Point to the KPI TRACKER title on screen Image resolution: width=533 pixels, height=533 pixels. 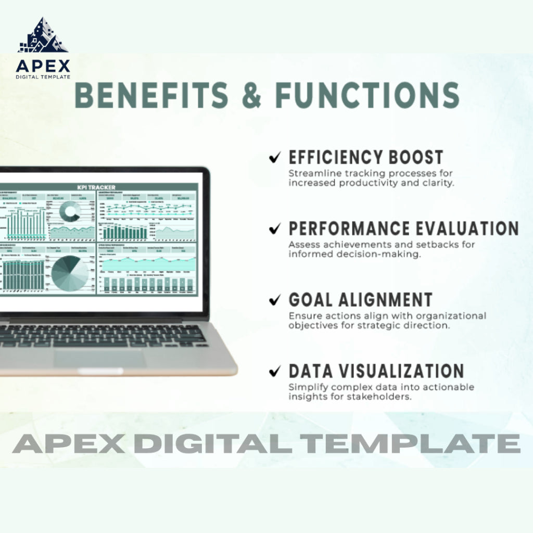pos(96,187)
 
